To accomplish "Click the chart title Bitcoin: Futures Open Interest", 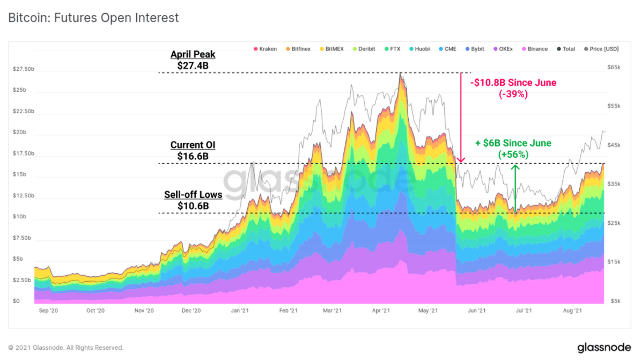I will pyautogui.click(x=93, y=18).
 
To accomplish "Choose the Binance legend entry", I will pyautogui.click(x=534, y=49).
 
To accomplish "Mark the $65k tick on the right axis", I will pyautogui.click(x=614, y=68).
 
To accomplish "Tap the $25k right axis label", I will pyautogui.click(x=614, y=223).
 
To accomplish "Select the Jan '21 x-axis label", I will pyautogui.click(x=239, y=311).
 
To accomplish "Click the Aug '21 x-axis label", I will pyautogui.click(x=572, y=311).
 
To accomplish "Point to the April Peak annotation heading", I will pyautogui.click(x=193, y=55).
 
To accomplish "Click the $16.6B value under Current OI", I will pyautogui.click(x=193, y=156).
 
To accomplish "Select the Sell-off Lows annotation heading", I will pyautogui.click(x=193, y=195).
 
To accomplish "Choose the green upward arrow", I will pyautogui.click(x=515, y=188).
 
